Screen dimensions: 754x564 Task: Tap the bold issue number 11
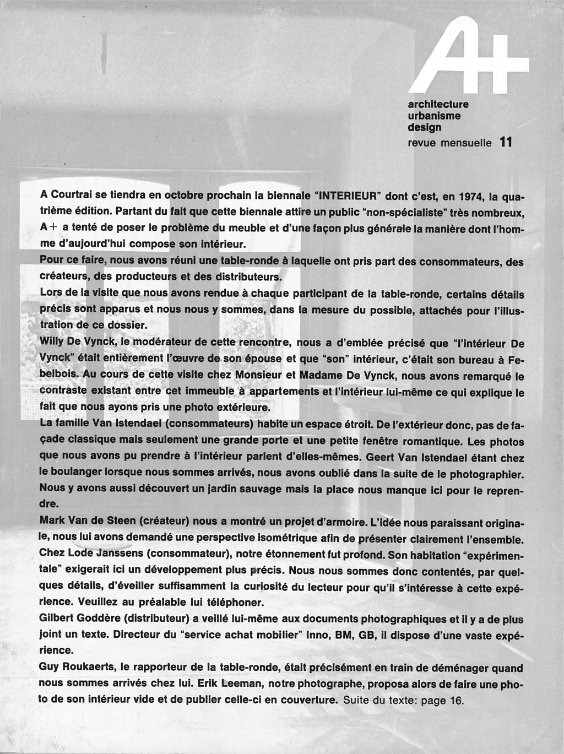(x=506, y=142)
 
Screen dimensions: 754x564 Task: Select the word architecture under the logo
(x=438, y=104)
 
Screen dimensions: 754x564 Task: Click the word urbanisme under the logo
(x=434, y=116)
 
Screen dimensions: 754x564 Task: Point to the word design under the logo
(x=424, y=128)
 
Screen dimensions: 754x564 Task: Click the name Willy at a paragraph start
(x=52, y=343)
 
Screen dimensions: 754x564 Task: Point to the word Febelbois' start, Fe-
(x=516, y=359)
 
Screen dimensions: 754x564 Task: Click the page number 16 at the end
(x=458, y=701)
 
